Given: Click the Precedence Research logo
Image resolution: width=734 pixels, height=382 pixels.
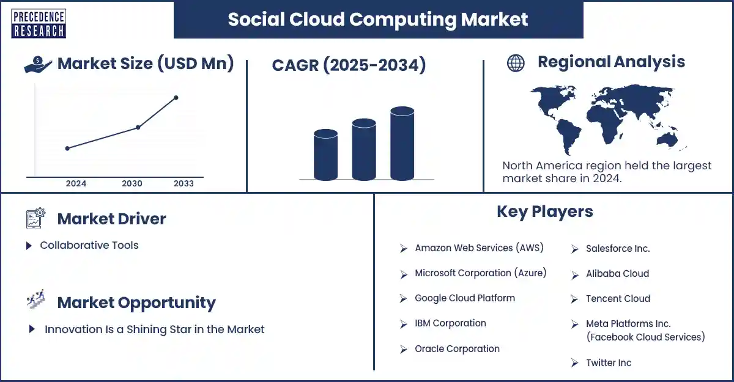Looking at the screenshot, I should coord(38,24).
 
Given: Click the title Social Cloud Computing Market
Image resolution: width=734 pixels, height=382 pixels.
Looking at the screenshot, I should coord(377,19).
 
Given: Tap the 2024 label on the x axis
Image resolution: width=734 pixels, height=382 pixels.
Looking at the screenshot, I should coord(76,183).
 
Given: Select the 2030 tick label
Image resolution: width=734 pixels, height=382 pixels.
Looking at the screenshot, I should coord(132,183).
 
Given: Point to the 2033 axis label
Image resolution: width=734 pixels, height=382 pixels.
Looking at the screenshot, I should coord(183,183).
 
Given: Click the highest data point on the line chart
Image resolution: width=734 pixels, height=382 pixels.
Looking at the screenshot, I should coord(176,97).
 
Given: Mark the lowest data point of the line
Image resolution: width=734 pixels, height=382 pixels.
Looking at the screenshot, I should coord(67,148).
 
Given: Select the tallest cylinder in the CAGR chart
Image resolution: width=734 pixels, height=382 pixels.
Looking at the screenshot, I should coord(402,144).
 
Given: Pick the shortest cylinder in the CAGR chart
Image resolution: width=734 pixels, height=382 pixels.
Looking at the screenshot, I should coord(325,155).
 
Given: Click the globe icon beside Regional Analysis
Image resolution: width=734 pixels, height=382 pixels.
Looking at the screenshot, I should coord(516,63).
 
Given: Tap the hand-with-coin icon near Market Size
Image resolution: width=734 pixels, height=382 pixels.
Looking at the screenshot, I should coord(38,65).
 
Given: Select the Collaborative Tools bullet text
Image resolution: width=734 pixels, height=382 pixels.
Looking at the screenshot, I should coord(89,245).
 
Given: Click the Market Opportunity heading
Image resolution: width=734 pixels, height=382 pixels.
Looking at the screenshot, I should coord(136,303).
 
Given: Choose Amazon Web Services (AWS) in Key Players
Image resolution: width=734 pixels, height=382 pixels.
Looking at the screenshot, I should coord(479,248).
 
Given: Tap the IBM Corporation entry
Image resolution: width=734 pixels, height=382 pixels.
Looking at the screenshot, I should coord(450,323).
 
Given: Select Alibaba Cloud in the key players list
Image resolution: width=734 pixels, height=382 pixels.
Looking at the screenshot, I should coord(617,273).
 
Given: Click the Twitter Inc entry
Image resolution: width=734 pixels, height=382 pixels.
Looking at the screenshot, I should coord(608,362).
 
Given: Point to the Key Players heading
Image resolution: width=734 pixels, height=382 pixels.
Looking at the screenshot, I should coord(544,211).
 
